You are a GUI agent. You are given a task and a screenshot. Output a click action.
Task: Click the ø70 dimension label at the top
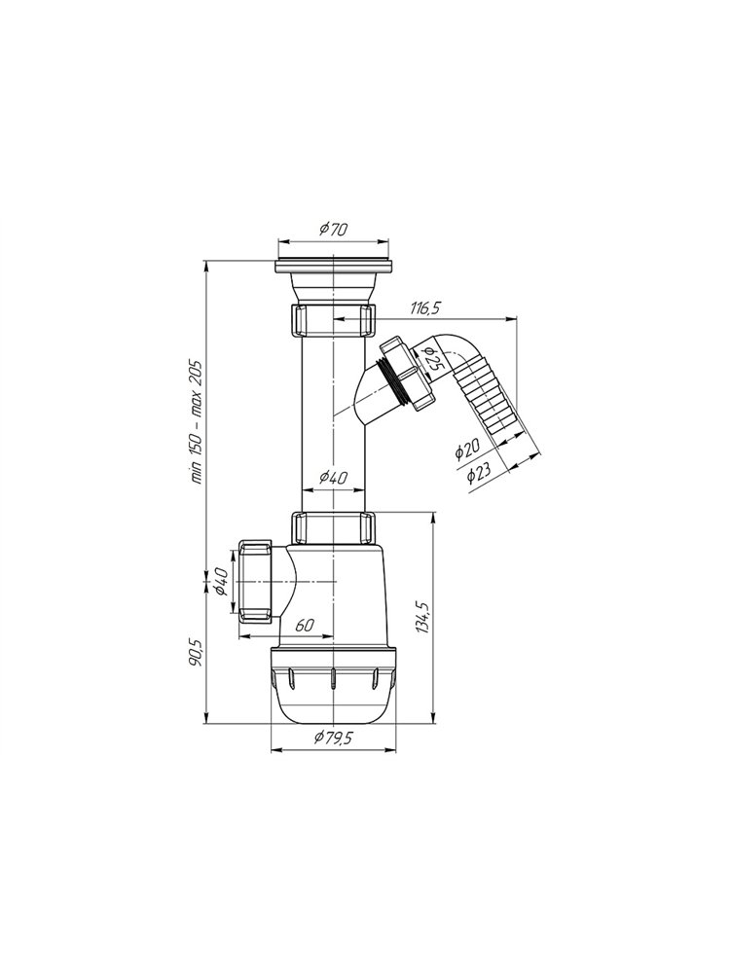333,229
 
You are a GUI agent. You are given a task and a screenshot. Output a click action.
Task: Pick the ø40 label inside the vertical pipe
333,477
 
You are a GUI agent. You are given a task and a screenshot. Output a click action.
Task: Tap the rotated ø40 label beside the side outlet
223,582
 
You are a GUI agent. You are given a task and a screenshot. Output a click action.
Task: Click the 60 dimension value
304,626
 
